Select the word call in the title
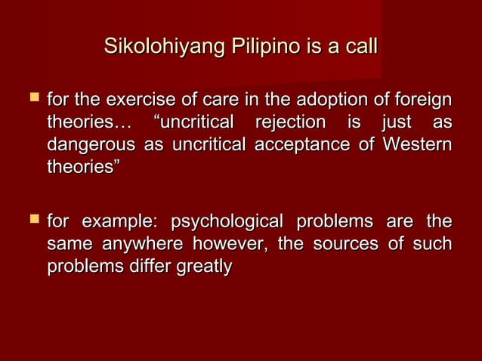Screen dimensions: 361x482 [359, 47]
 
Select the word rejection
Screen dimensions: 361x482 [291, 122]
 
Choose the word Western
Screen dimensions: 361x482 [416, 144]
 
